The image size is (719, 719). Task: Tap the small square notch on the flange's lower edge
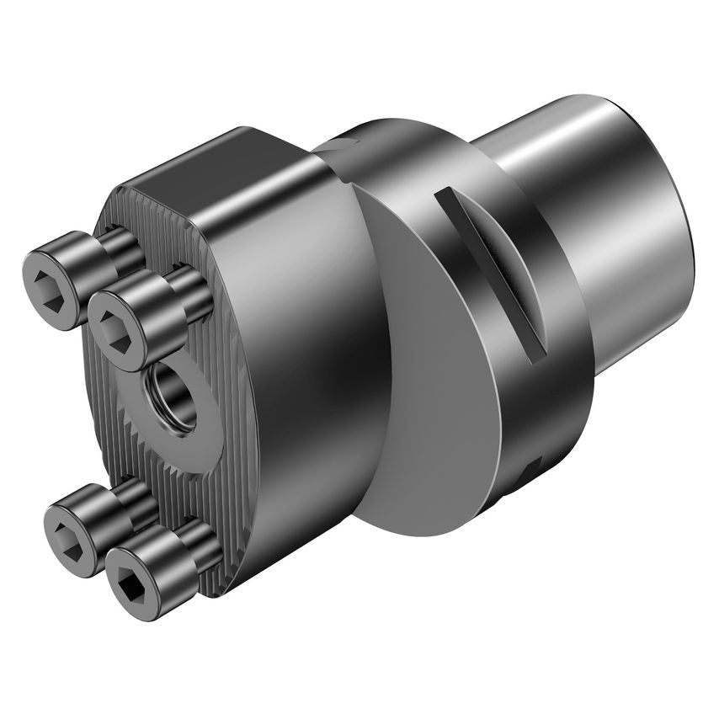[533, 467]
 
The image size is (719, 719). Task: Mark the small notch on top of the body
[337, 146]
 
